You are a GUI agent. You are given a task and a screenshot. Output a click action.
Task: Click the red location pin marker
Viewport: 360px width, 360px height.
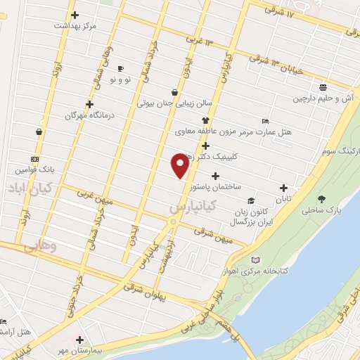(180, 165)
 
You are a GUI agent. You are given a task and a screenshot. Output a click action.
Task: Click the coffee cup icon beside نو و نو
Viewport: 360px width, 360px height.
(120, 68)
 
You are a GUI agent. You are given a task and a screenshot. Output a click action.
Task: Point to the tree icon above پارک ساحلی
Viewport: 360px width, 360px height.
(321, 199)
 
